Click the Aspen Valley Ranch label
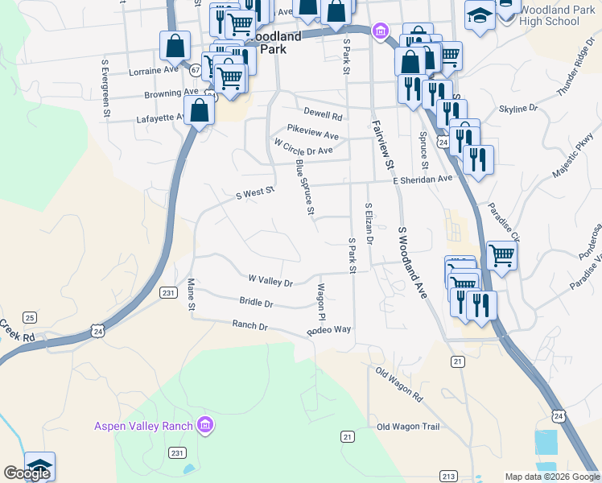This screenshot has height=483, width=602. (143, 426)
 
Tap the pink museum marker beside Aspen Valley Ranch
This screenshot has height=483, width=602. (205, 425)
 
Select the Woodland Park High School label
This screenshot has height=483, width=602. (550, 15)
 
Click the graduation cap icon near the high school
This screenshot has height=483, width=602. (480, 16)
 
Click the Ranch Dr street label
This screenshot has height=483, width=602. (249, 325)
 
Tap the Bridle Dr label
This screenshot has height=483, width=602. (256, 303)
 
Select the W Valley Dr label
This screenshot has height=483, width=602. (270, 281)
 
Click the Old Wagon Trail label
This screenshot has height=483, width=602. (408, 427)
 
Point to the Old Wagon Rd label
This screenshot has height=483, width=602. (399, 384)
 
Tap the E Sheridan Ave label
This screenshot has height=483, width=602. (423, 180)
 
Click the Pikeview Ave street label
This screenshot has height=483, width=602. (313, 130)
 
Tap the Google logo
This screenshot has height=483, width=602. (27, 473)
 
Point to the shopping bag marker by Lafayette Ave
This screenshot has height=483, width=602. (200, 111)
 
